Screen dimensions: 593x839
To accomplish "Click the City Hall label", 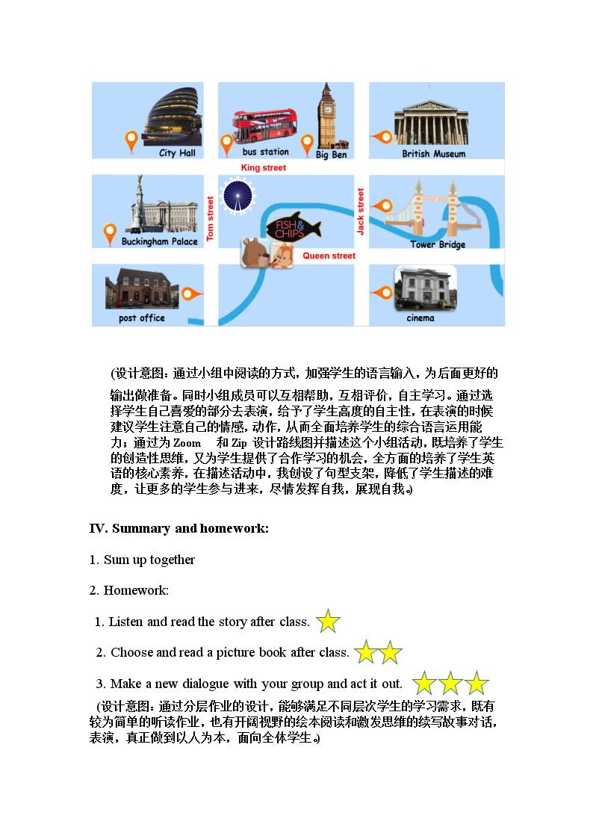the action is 177,153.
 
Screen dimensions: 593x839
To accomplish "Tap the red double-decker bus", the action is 264,126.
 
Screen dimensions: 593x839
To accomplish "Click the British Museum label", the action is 434,154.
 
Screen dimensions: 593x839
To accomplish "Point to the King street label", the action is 263,167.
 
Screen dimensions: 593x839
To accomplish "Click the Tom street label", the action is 210,217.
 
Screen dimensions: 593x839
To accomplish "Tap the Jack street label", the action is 361,211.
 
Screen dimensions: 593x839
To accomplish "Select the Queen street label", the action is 329,256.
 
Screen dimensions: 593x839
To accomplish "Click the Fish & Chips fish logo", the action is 294,227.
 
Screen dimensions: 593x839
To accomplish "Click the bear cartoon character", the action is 255,253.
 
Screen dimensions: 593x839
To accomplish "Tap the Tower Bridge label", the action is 438,244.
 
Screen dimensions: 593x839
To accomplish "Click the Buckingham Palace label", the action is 159,241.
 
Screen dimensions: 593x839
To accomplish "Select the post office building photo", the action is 142,288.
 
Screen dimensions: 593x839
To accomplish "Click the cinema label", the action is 420,318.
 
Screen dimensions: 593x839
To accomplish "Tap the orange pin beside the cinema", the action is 383,293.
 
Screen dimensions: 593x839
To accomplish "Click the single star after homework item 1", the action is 328,622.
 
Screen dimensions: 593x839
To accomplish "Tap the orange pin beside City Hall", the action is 131,142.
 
